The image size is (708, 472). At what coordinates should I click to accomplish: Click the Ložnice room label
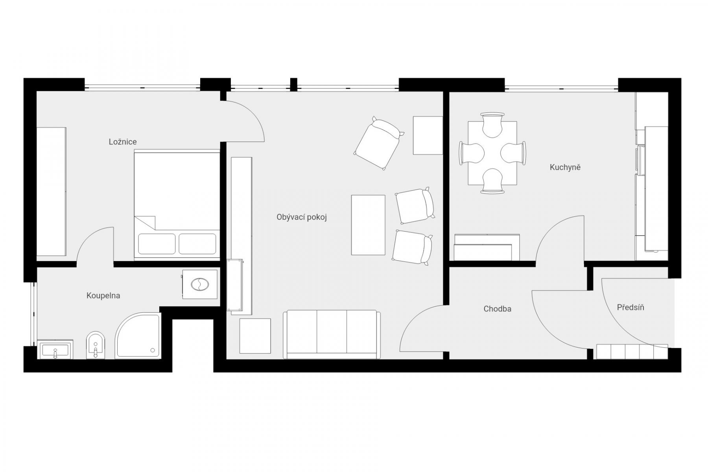coord(123,142)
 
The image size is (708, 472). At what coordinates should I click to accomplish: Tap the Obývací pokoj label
coord(302,217)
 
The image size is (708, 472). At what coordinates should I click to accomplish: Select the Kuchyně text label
coord(565,167)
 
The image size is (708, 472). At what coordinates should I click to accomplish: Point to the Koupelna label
coord(103,295)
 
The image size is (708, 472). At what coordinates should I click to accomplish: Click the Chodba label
coord(498,309)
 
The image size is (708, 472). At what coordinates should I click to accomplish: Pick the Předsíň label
coord(631,307)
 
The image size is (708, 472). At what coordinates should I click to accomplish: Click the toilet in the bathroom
coord(95,345)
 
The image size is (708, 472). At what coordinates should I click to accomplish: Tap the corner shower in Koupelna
coord(138,336)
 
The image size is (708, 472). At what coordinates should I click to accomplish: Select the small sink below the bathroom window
coord(55,349)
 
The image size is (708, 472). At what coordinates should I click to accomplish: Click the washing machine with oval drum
coord(200,284)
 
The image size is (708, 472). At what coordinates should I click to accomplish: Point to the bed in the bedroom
coord(177,205)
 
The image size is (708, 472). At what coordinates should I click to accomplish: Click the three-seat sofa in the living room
coord(332,334)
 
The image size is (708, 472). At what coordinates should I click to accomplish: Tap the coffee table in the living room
coord(368,225)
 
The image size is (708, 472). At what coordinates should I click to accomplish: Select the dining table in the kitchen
coord(492,153)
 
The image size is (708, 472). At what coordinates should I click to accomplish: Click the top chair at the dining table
coord(492,125)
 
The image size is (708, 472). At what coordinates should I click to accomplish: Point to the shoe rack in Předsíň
coord(632,352)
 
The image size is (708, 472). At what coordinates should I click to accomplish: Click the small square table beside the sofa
coord(255,336)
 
